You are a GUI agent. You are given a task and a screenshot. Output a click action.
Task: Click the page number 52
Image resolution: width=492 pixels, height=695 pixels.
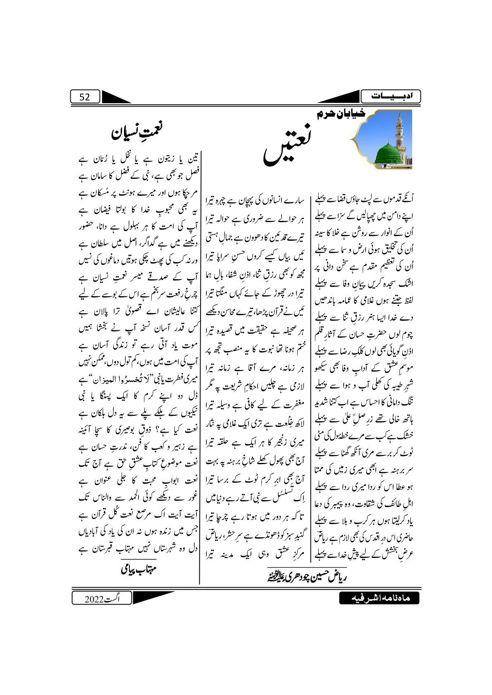pos(85,97)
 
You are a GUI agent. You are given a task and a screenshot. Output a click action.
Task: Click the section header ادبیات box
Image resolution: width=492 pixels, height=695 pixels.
pos(390,97)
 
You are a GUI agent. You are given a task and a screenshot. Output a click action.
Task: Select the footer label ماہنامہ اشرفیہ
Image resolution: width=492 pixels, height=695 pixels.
pos(379,598)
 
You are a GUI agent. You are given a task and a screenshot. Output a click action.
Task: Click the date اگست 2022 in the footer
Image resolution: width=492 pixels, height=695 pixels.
pos(101,598)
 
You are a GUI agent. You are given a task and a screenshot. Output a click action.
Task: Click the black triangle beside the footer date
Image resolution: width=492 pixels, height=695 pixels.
pos(147,598)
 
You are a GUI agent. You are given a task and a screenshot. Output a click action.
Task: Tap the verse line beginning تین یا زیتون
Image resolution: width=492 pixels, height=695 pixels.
pos(140,159)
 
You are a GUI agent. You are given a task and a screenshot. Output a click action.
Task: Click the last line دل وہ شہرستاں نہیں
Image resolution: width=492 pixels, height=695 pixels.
pos(140,549)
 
